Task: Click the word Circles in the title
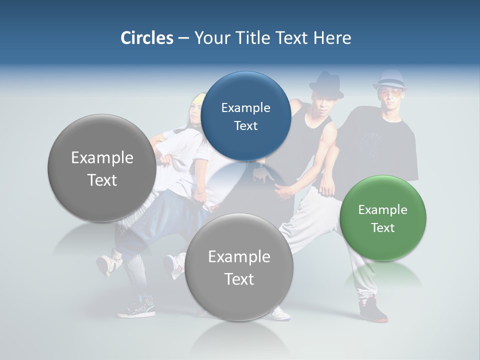pyautogui.click(x=146, y=38)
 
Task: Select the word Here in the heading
pyautogui.click(x=332, y=38)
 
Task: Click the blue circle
pyautogui.click(x=245, y=116)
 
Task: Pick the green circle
pyautogui.click(x=383, y=218)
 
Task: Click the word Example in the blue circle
pyautogui.click(x=245, y=107)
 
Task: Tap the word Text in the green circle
pyautogui.click(x=383, y=228)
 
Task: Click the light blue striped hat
pyautogui.click(x=390, y=80)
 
